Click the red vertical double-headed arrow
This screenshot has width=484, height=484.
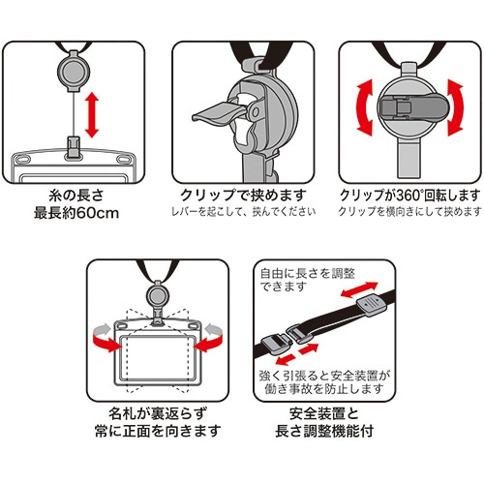pyautogui.click(x=92, y=115)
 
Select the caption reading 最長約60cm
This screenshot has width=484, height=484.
pyautogui.click(x=76, y=213)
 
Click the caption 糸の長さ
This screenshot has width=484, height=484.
pyautogui.click(x=76, y=196)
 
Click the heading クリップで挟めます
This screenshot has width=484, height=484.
pyautogui.click(x=243, y=196)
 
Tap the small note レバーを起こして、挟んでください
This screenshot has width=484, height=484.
pyautogui.click(x=243, y=212)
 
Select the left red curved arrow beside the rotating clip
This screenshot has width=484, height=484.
pyautogui.click(x=365, y=107)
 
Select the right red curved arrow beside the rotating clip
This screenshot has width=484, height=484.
pyautogui.click(x=455, y=107)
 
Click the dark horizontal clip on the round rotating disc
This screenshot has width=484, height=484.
pyautogui.click(x=409, y=106)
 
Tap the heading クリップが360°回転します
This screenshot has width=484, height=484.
pyautogui.click(x=410, y=196)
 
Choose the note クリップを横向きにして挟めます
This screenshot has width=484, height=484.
pyautogui.click(x=410, y=212)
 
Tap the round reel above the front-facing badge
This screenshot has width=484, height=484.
pyautogui.click(x=157, y=294)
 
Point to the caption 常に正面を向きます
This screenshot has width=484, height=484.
pyautogui.click(x=158, y=431)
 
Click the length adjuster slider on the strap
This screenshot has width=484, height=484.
pyautogui.click(x=372, y=306)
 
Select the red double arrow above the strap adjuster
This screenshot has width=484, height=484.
pyautogui.click(x=359, y=289)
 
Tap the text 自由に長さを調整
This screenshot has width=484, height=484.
pyautogui.click(x=308, y=274)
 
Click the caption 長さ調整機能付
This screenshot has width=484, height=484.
pyautogui.click(x=324, y=431)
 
